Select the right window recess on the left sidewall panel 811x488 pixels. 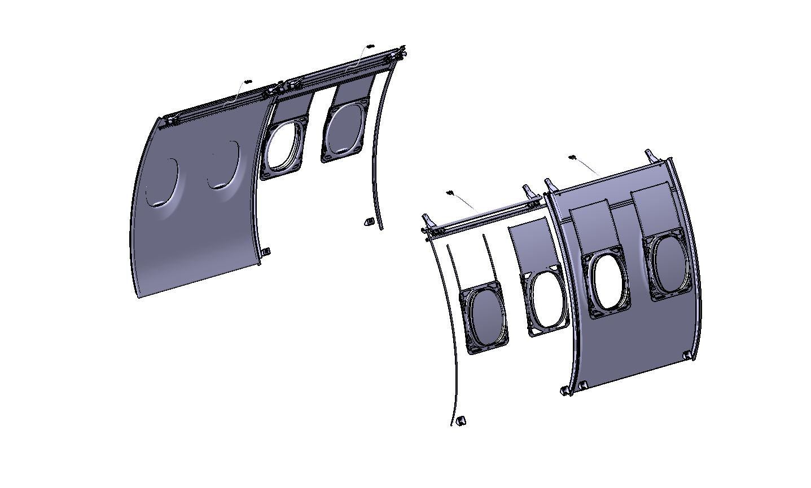click(x=223, y=165)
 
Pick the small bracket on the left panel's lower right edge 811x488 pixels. click(x=266, y=251)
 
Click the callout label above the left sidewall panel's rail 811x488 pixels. click(x=247, y=82)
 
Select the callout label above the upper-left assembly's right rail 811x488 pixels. click(x=370, y=46)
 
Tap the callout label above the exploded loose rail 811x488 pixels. click(x=450, y=193)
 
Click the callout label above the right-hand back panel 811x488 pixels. click(x=571, y=158)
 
